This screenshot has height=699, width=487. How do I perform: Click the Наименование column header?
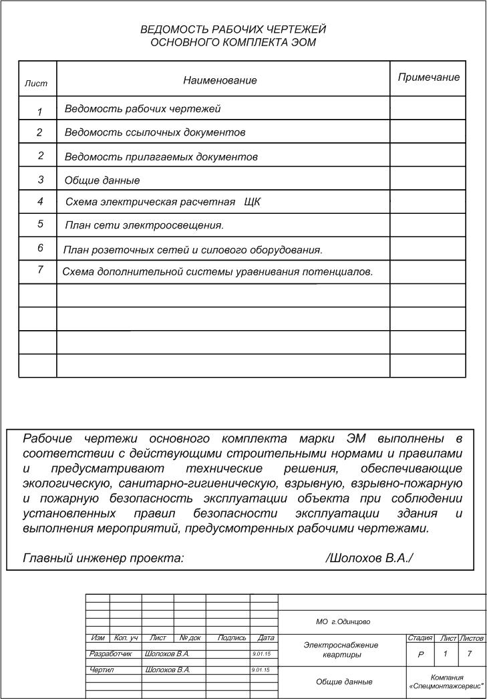pyautogui.click(x=220, y=80)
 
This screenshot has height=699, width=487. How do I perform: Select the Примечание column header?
pyautogui.click(x=428, y=78)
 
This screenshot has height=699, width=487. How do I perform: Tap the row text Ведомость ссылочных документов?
pyautogui.click(x=155, y=132)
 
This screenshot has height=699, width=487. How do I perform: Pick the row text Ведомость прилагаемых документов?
pyautogui.click(x=161, y=157)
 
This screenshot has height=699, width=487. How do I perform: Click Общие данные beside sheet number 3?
pyautogui.click(x=102, y=180)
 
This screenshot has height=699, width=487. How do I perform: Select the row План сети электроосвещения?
pyautogui.click(x=144, y=225)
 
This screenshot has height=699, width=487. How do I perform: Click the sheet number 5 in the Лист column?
pyautogui.click(x=41, y=225)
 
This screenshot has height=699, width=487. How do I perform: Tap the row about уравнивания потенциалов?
pyautogui.click(x=217, y=271)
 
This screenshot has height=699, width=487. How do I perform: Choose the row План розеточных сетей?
pyautogui.click(x=193, y=250)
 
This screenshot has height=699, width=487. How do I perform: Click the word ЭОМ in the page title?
pyautogui.click(x=302, y=42)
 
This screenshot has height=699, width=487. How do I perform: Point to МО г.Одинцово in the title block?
pyautogui.click(x=343, y=622)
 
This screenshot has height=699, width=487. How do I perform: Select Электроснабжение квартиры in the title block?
pyautogui.click(x=341, y=650)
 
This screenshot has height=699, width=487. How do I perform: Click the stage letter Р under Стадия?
pyautogui.click(x=421, y=655)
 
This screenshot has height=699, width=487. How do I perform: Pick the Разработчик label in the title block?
pyautogui.click(x=112, y=654)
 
